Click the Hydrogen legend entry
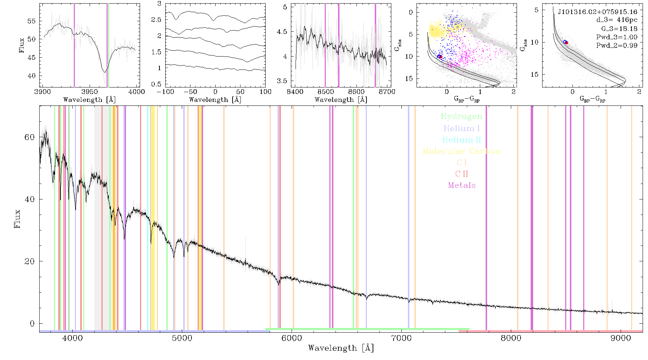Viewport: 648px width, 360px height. [461, 116]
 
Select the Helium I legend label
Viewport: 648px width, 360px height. [461, 128]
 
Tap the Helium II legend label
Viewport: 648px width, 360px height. [461, 140]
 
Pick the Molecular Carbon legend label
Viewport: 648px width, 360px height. [461, 151]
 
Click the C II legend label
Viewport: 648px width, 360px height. [462, 174]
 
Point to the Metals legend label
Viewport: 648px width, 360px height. [462, 185]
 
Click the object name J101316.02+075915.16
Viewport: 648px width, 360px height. [597, 12]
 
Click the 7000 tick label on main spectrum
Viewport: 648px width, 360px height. [401, 338]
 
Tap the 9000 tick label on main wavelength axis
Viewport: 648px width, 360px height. [621, 338]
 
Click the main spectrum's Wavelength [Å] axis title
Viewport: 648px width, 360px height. [341, 348]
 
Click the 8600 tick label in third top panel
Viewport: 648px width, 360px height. [356, 91]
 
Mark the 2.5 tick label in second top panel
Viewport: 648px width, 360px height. [156, 19]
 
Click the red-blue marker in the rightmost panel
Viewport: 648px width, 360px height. [566, 42]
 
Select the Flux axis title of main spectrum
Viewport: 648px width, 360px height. [17, 219]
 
